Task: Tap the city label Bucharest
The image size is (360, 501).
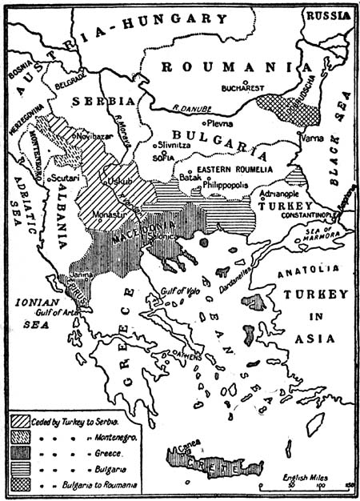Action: tap(242, 87)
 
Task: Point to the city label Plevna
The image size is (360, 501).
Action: tap(217, 124)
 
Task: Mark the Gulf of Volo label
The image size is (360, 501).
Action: tap(178, 293)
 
